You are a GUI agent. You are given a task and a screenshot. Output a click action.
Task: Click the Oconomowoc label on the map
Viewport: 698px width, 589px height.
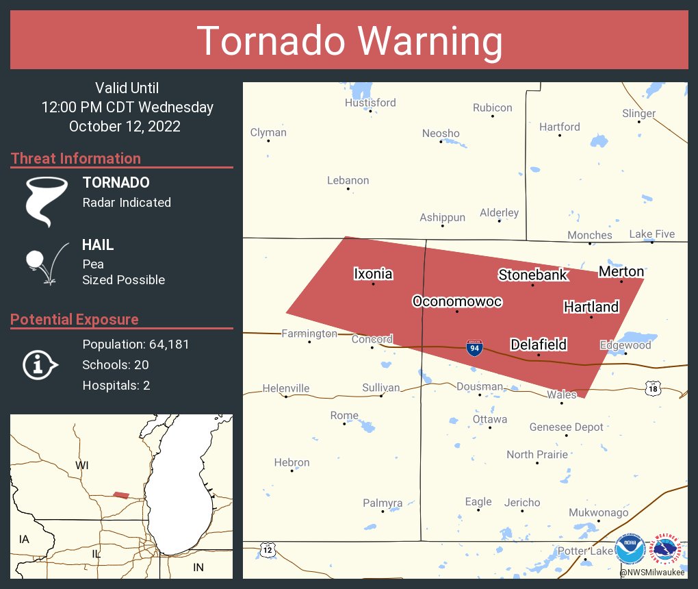[x=457, y=301]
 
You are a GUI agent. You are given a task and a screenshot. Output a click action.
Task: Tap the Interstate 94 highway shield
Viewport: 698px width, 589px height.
[x=474, y=347]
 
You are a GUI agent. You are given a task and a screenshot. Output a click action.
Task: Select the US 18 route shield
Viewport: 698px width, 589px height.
[x=654, y=388]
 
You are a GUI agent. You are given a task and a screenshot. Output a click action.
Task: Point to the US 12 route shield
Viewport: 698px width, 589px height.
[x=267, y=549]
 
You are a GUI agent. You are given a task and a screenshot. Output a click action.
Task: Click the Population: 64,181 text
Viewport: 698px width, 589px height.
[x=135, y=344]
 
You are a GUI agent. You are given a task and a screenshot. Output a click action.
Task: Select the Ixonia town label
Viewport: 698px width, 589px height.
[x=373, y=274]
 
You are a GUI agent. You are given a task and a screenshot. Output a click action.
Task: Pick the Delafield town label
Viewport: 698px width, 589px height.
[x=539, y=344]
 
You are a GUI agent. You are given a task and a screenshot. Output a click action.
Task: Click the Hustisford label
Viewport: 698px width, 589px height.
[x=370, y=103]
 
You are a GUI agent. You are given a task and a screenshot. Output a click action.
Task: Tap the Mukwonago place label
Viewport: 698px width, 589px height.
[x=598, y=512]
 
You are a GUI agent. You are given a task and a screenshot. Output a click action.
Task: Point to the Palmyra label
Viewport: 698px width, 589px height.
[x=383, y=503]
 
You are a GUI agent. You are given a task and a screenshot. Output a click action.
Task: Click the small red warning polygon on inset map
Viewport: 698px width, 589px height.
[x=120, y=494]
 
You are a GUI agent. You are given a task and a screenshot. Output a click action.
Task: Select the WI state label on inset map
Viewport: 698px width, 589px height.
[x=82, y=466]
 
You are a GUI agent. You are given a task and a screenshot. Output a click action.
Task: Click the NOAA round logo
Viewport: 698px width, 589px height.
[x=630, y=549]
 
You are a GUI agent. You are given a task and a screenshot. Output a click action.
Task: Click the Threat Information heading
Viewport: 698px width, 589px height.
[x=76, y=158]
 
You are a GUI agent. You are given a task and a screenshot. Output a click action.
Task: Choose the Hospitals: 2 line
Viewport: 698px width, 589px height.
[x=116, y=385]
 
